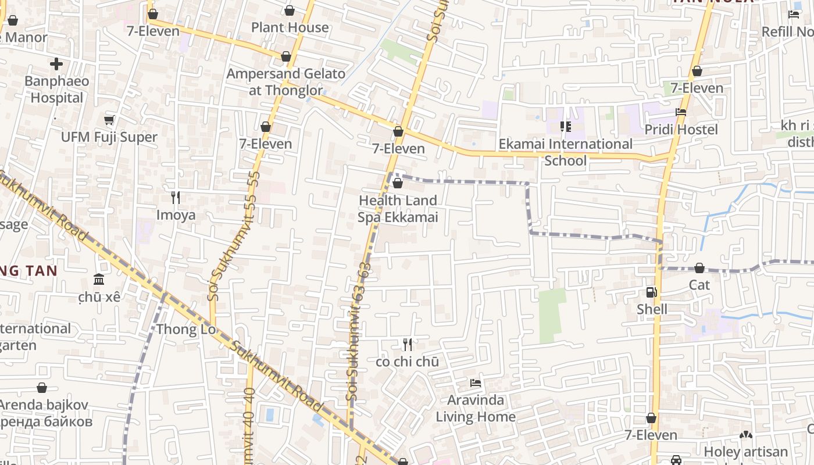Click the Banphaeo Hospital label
56,89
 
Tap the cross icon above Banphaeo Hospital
56,63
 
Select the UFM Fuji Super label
109,137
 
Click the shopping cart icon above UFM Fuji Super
109,120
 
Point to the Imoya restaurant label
176,215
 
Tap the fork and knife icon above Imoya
176,198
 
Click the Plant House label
290,27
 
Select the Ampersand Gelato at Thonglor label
285,82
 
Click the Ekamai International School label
565,152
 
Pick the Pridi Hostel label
681,129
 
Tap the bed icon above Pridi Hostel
681,112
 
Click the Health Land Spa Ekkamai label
398,209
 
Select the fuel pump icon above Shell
651,292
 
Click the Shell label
652,309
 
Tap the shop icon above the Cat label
699,268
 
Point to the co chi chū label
407,362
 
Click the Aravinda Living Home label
476,408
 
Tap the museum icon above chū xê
99,280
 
